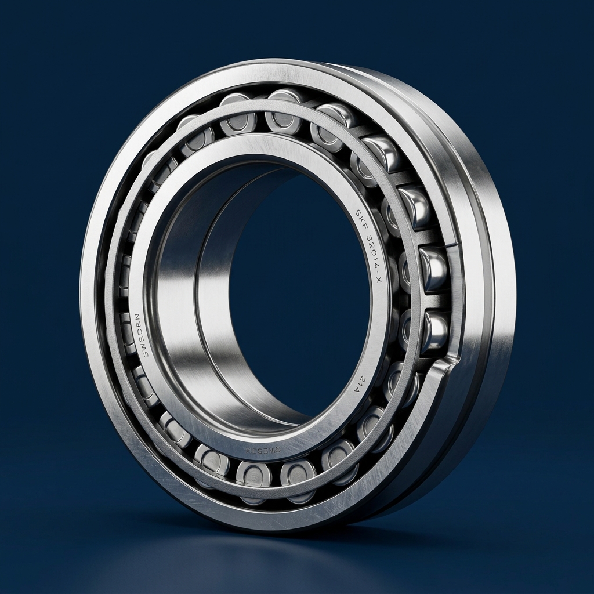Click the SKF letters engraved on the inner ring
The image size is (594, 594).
pyautogui.click(x=361, y=219)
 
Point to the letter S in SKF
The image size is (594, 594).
pyautogui.click(x=357, y=213)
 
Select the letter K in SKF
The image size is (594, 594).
pyautogui.click(x=361, y=219)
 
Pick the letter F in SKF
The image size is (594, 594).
pyautogui.click(x=365, y=226)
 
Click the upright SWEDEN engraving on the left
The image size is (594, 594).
pyautogui.click(x=138, y=335)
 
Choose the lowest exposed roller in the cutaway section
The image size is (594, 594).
pyautogui.click(x=434, y=331)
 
